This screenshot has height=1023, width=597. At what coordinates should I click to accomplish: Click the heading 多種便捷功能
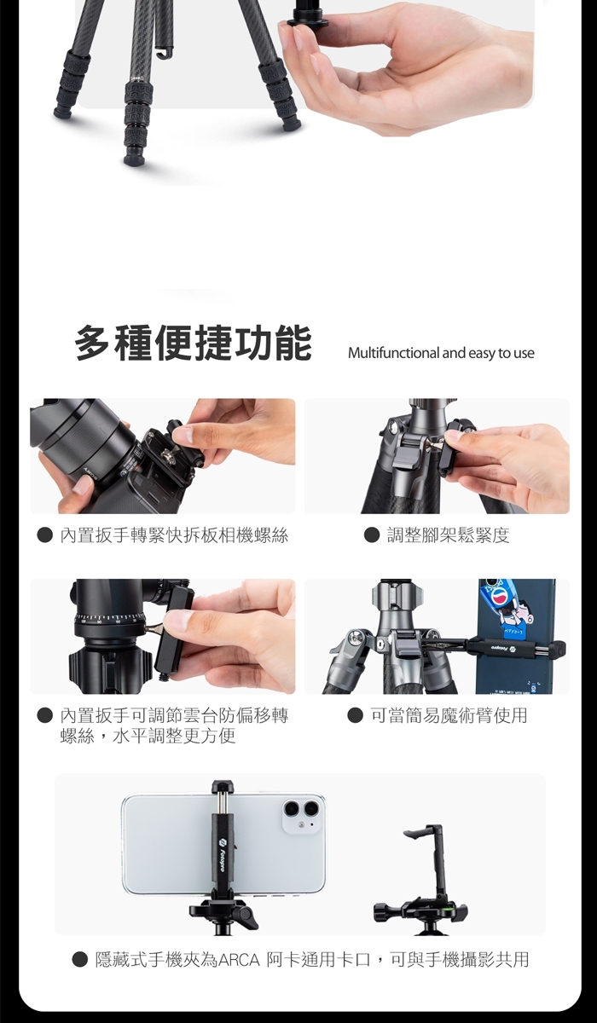(194, 343)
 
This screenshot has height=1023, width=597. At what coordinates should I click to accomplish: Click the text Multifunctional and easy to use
(441, 353)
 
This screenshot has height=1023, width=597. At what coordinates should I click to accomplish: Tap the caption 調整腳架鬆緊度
(448, 535)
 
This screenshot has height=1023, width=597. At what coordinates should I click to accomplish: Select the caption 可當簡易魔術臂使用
(448, 715)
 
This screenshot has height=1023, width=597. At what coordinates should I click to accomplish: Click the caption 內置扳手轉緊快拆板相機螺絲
(174, 535)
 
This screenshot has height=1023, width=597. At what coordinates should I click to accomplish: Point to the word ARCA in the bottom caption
(240, 960)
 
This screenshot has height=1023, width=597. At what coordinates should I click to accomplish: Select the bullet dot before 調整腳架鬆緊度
(372, 535)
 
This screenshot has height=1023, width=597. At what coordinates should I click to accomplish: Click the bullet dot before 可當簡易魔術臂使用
(355, 715)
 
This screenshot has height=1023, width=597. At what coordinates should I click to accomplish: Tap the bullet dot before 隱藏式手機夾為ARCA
(79, 960)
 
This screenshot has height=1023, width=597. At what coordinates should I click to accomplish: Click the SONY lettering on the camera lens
(90, 473)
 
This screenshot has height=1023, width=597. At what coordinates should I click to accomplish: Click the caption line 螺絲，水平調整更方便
(148, 736)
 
